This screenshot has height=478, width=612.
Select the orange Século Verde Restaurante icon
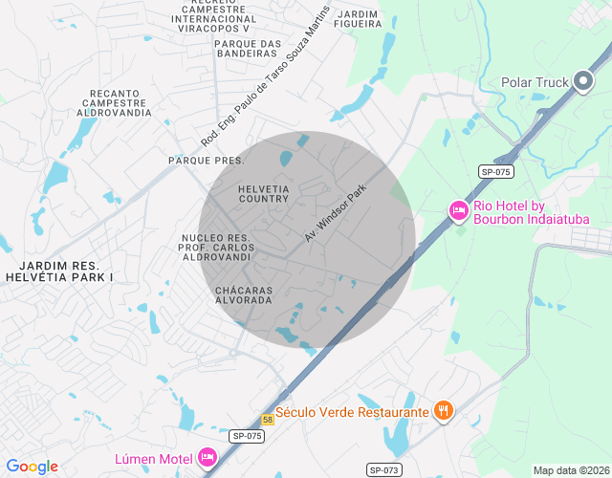[443, 411]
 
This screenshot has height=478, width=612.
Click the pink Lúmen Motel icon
[207, 458]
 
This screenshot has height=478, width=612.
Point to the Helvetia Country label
[263, 193]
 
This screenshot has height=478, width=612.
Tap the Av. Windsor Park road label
[336, 213]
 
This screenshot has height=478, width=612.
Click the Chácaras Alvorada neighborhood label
[244, 294]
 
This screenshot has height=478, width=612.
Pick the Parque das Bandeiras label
[247, 49]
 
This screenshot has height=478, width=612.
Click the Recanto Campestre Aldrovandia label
[120, 103]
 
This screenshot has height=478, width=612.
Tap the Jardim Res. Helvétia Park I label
[59, 270]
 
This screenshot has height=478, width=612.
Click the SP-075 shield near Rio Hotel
[496, 171]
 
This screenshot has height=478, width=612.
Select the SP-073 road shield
[383, 469]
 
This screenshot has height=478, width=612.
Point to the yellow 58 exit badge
[269, 420]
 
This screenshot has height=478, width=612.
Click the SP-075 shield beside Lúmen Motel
[247, 436]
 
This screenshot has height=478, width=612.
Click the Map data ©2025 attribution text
[570, 470]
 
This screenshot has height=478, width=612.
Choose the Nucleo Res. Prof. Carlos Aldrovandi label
[215, 248]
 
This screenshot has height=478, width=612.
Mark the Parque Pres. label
[206, 161]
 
